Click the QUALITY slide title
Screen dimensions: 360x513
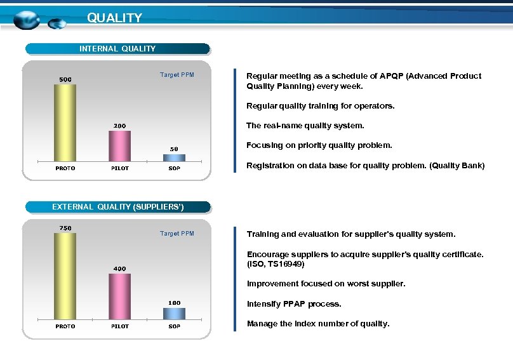[x=114, y=18]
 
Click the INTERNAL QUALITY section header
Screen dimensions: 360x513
[x=117, y=49]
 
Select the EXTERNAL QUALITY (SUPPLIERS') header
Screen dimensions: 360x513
[x=117, y=207]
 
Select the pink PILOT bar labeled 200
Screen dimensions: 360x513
[x=119, y=146]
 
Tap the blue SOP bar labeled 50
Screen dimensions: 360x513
[x=174, y=157]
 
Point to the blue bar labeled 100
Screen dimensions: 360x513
[x=174, y=313]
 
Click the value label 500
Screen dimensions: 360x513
[x=65, y=79]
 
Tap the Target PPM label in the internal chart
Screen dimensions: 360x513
[x=177, y=75]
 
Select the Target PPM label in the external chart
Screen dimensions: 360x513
[x=177, y=234]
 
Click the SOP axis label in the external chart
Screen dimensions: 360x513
[x=174, y=326]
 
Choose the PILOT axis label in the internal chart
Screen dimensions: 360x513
[x=119, y=168]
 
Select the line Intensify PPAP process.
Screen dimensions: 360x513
[x=294, y=304]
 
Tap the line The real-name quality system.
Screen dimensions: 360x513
[x=305, y=126]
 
